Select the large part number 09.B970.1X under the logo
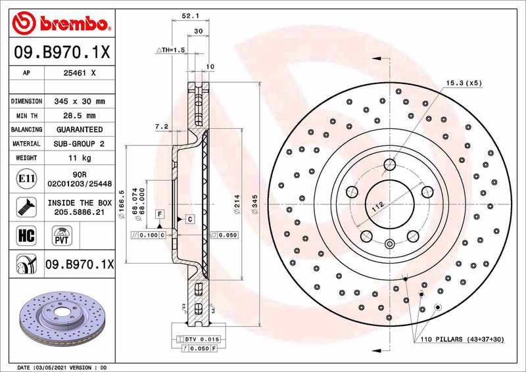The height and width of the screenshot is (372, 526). [60, 51]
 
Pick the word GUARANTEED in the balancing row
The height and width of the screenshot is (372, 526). [79, 129]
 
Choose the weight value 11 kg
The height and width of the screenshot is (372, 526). [79, 158]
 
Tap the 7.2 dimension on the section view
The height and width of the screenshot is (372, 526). [162, 126]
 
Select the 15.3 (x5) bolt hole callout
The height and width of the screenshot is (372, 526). [464, 83]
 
